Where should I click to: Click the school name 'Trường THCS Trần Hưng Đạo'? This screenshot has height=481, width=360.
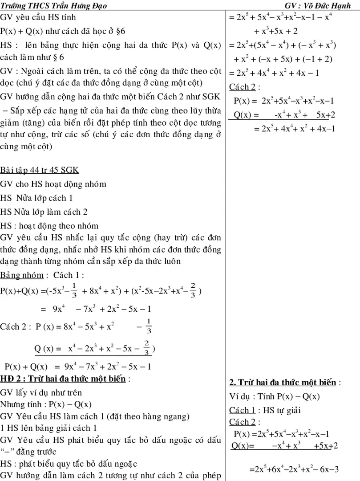[53, 5]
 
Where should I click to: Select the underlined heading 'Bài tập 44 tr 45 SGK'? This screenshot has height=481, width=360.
[40, 171]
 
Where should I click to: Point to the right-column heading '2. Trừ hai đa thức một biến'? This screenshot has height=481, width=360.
[283, 383]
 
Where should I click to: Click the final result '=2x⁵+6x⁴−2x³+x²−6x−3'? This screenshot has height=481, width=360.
[294, 469]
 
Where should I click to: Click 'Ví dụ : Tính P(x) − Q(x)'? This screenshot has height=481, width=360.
[275, 396]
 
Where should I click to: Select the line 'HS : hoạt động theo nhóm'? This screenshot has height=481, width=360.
[49, 226]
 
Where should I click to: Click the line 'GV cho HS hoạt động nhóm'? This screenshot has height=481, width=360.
[53, 184]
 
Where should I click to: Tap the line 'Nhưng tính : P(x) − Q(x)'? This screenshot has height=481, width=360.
[46, 404]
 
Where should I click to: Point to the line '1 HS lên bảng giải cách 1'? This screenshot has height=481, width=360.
[49, 428]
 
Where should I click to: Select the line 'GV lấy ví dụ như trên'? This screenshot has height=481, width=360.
[41, 392]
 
